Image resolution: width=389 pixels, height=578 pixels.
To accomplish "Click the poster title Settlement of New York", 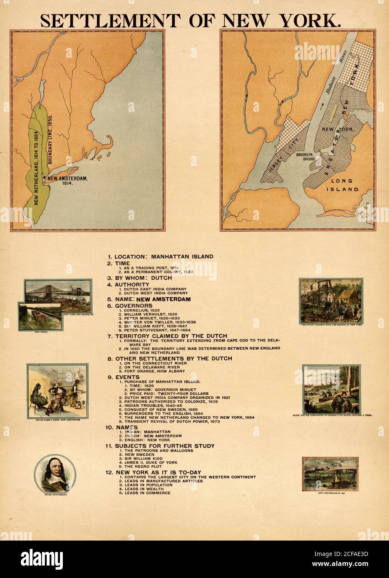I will click(x=194, y=20).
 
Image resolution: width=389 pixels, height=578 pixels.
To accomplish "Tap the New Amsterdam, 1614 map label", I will click(x=67, y=180).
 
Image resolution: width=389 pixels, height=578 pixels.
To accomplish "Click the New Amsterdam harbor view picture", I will click(x=330, y=474).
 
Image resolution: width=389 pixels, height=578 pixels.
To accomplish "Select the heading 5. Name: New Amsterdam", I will click(x=149, y=299).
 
